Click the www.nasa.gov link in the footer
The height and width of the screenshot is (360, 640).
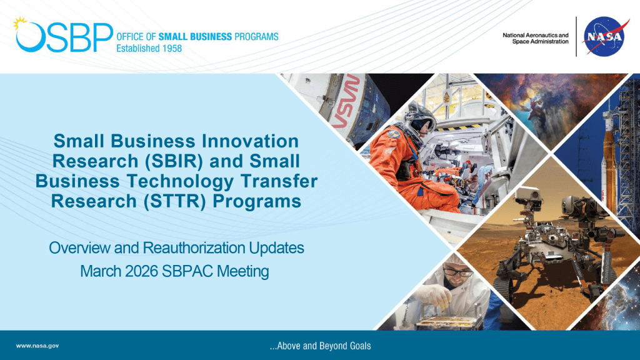(37, 346)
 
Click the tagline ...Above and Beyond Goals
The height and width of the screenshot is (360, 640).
(319, 346)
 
